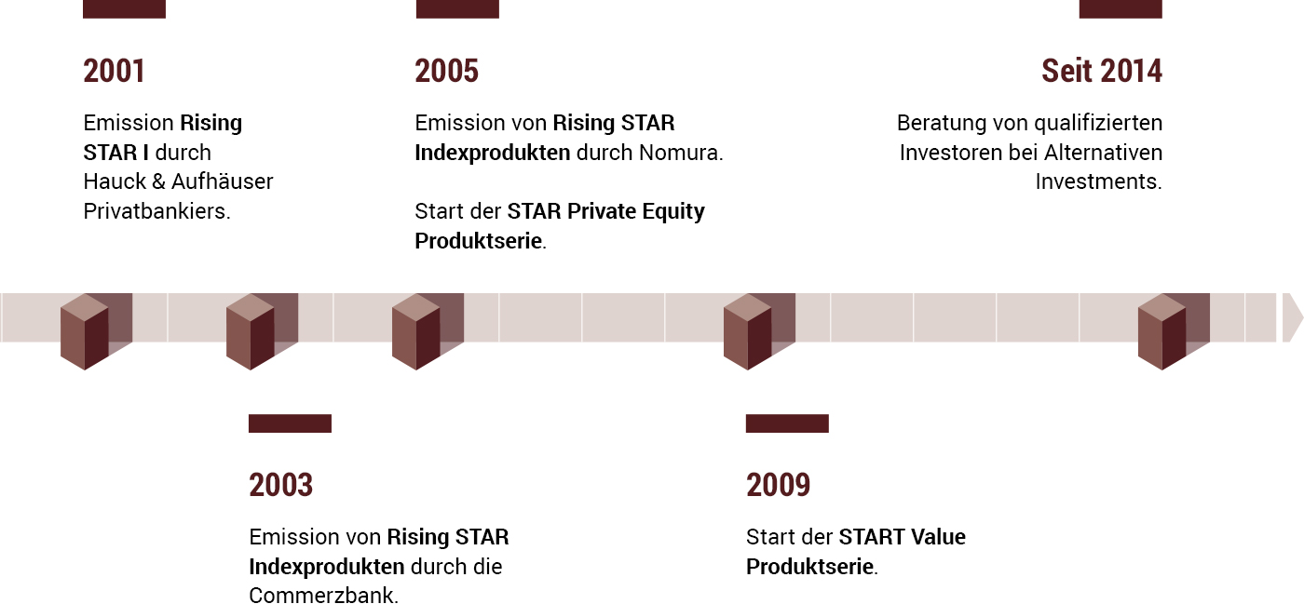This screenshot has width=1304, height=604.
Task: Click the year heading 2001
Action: tap(114, 71)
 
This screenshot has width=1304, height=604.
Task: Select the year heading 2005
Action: tap(446, 71)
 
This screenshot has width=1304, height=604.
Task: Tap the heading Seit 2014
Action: tap(1101, 71)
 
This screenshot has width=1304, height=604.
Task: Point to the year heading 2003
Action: tap(280, 485)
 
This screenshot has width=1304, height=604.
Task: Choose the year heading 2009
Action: tap(778, 485)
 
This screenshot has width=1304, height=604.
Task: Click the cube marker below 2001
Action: tap(96, 331)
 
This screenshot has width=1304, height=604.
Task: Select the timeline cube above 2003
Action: tap(262, 331)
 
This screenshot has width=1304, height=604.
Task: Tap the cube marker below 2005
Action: tap(428, 331)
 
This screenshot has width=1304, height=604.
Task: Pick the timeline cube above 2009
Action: tap(759, 331)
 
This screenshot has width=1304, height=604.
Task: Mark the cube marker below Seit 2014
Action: tap(1174, 331)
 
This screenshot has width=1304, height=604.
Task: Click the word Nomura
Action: tap(681, 153)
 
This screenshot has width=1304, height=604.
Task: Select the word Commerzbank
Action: tap(324, 596)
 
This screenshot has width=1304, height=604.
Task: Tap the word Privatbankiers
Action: tap(156, 211)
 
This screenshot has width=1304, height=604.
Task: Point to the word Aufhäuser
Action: tap(222, 181)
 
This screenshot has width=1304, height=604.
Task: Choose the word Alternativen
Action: tap(1103, 153)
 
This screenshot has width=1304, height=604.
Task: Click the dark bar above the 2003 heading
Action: tap(290, 423)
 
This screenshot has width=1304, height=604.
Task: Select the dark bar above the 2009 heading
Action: tap(787, 423)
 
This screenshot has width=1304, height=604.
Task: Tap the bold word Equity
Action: tap(673, 212)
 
